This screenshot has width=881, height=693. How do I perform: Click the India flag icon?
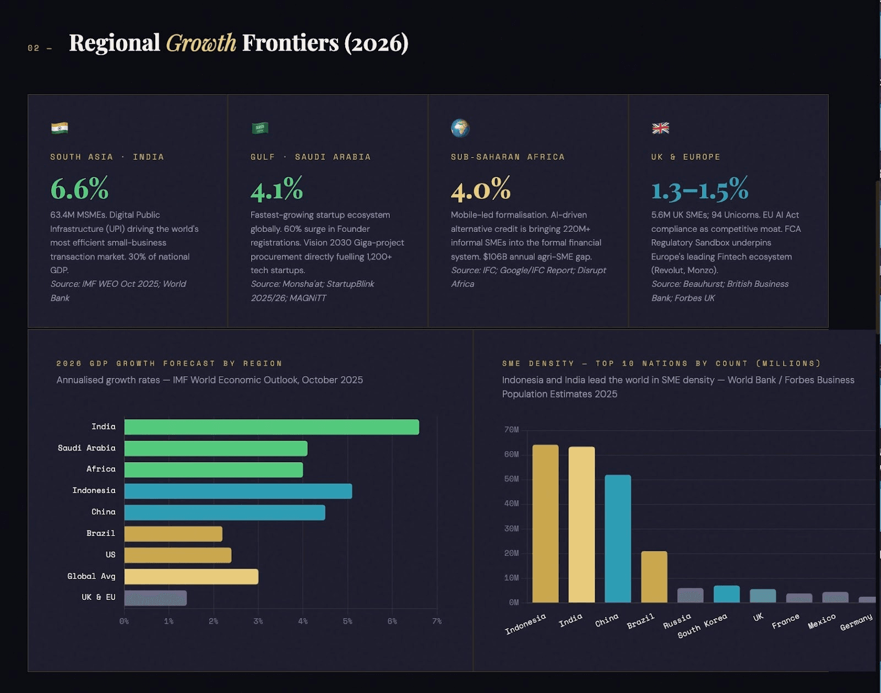59,128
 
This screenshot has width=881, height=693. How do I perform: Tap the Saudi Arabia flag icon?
260,128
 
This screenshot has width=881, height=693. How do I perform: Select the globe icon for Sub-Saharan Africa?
460,128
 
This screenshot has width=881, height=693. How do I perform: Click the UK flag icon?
660,128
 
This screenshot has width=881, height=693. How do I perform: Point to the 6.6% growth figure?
79,189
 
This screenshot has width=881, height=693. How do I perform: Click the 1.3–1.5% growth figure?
699,189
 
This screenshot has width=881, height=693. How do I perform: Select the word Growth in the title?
201,43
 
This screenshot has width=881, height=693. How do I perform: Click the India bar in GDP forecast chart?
271,427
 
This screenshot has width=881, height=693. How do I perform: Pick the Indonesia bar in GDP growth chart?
238,491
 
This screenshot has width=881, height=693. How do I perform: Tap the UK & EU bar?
155,598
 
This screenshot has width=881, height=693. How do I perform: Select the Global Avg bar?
191,576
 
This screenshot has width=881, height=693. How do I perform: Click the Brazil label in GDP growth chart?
101,533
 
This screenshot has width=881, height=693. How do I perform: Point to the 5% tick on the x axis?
347,621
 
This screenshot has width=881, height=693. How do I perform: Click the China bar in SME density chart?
618,538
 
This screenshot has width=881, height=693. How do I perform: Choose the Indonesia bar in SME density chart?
545,523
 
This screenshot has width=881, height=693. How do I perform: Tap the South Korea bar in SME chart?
726,594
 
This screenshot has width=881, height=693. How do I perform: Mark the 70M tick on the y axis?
512,430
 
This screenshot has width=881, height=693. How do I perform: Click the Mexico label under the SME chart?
822,621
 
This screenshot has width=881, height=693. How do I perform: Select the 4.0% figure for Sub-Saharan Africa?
481,189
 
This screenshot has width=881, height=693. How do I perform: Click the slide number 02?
34,48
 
